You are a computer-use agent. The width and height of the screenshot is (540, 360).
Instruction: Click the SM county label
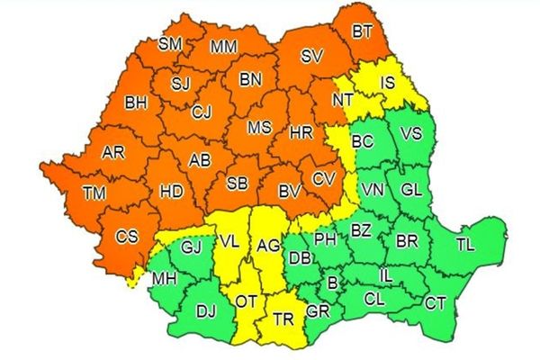click(169, 43)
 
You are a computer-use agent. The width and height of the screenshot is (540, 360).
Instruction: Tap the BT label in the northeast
click(362, 32)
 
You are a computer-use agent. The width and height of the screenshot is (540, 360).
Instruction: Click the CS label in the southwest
click(128, 238)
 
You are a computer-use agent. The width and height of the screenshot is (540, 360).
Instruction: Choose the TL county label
click(464, 244)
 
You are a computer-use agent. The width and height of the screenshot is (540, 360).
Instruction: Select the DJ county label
click(206, 311)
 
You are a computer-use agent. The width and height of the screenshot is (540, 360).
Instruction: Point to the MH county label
click(165, 279)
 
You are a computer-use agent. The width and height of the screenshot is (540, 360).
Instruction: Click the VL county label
click(229, 241)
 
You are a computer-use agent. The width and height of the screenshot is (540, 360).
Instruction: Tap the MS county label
click(259, 129)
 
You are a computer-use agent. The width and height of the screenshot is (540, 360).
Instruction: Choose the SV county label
click(311, 56)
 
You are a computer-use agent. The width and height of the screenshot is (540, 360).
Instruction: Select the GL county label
click(410, 190)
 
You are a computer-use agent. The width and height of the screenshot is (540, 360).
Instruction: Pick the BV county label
click(289, 191)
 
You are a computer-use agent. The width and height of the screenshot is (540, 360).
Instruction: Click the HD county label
click(171, 191)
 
